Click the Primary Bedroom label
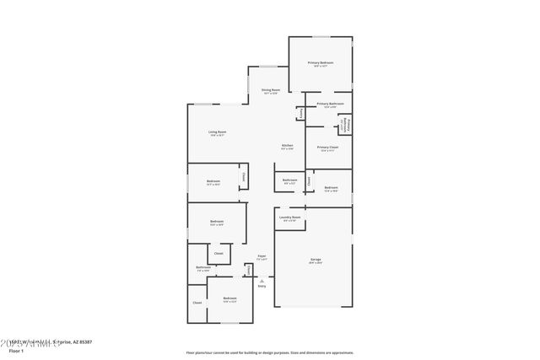(320, 63)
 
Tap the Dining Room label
(270, 90)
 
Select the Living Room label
(217, 132)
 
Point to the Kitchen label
(287, 147)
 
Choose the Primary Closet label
(328, 148)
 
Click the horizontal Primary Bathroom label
(329, 105)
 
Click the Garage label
(315, 260)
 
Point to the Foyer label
(262, 256)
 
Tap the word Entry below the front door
(262, 287)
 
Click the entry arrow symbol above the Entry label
(262, 280)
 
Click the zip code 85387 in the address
(84, 341)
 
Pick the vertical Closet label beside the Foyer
(248, 270)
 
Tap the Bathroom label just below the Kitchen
(289, 180)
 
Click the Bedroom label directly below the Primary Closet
(331, 189)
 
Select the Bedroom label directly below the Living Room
(213, 181)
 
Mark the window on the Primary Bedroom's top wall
(321, 36)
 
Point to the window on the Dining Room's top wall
(268, 67)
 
